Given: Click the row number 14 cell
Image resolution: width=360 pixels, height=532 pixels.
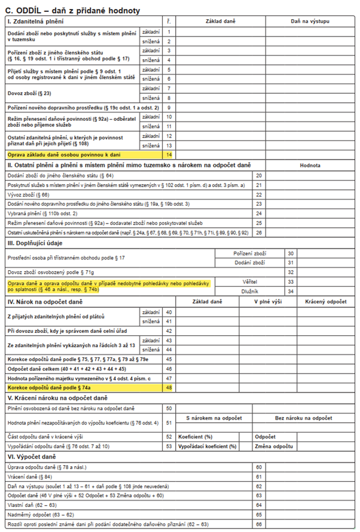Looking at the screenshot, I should pos(169,155).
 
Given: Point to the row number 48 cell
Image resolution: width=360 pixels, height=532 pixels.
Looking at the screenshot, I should pos(169,388).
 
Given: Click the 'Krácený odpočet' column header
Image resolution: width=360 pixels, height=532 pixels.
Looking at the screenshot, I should pos(326,302).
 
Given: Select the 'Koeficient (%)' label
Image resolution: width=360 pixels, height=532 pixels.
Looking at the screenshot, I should pos(196,436).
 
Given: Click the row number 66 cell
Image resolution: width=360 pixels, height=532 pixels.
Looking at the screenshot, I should pos(259,525).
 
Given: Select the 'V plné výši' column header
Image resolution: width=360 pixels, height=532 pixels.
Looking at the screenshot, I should pos(267,302).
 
